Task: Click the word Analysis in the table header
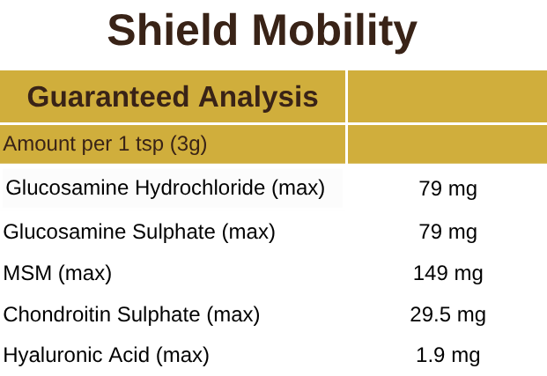(x=260, y=96)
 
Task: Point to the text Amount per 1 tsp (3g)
(x=105, y=144)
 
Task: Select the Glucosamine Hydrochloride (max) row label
(x=166, y=188)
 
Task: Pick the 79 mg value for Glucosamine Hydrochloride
(x=447, y=188)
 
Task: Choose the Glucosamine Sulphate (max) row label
(x=139, y=232)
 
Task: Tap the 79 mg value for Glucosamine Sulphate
(x=447, y=232)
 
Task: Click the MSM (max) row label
(x=57, y=273)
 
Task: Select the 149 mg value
(x=447, y=273)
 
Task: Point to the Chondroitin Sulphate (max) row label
(x=131, y=314)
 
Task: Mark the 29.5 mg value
(x=447, y=314)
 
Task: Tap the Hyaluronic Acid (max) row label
(x=106, y=356)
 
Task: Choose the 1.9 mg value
(x=447, y=356)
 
